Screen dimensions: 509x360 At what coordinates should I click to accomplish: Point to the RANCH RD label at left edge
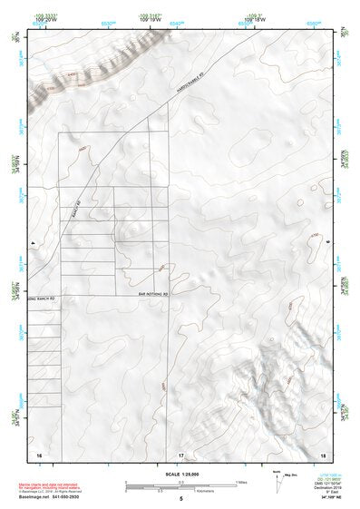click(42, 297)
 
